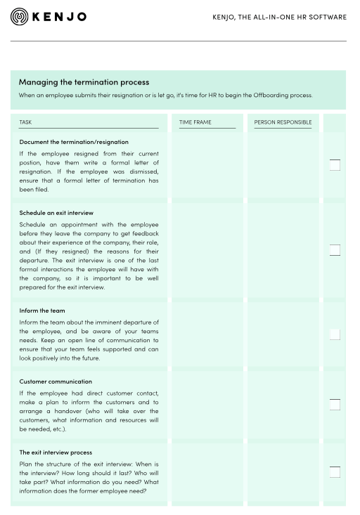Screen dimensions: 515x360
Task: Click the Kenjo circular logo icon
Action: (x=20, y=17)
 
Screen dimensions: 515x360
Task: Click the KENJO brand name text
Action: (x=60, y=17)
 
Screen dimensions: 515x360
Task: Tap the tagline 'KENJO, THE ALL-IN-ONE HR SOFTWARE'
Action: (x=279, y=17)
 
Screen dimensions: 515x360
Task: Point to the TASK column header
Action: (x=25, y=122)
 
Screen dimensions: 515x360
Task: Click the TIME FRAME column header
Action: (x=195, y=122)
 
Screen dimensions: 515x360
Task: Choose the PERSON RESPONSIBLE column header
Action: (x=283, y=122)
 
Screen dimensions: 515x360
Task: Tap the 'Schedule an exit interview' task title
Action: (x=56, y=213)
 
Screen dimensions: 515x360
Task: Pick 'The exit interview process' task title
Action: (x=56, y=452)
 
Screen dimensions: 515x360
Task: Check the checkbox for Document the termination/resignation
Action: (x=335, y=165)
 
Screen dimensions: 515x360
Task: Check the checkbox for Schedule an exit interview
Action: (x=335, y=249)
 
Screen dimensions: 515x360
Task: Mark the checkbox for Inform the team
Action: (x=335, y=334)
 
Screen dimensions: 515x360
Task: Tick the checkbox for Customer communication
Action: (x=335, y=405)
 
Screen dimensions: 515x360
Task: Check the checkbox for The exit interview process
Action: (x=335, y=472)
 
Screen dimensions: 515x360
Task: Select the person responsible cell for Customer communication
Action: (x=283, y=405)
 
